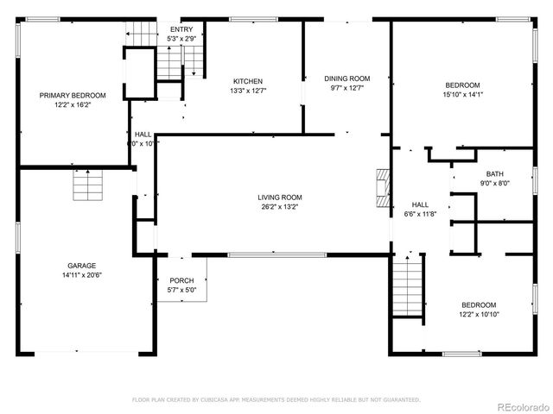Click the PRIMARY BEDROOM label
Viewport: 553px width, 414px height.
(73, 95)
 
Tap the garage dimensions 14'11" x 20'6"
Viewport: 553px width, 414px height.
(82, 275)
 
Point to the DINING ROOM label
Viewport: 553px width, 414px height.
(346, 78)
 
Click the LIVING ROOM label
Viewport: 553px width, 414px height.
(279, 197)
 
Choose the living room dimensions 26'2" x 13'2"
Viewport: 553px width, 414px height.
(279, 206)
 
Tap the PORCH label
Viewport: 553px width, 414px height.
(181, 280)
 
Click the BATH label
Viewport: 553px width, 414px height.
(494, 173)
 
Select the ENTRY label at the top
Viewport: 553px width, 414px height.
(181, 29)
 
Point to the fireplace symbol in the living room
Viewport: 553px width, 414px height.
(381, 185)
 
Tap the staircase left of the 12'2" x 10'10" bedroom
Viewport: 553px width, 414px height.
(406, 287)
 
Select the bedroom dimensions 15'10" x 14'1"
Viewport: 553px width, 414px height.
(462, 95)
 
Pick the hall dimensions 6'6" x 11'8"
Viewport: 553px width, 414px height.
(419, 214)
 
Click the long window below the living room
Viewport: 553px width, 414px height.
(277, 254)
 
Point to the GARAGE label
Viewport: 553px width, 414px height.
(82, 266)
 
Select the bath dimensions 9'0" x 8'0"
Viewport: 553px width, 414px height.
(494, 183)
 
